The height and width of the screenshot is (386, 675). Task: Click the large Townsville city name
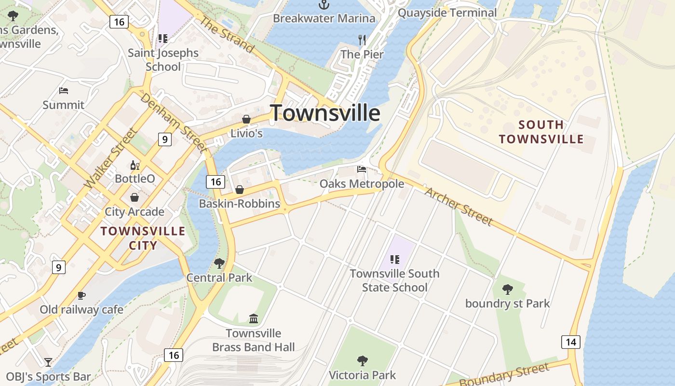pos(325,113)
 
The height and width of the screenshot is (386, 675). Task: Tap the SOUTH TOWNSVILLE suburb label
pos(541,132)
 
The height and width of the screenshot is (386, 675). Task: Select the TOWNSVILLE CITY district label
pos(143,238)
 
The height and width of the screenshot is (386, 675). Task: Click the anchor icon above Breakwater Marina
pos(324,5)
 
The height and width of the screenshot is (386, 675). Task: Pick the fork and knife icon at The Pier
pos(362,40)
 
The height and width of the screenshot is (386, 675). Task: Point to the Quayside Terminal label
pos(447,13)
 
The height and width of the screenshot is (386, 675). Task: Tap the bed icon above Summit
pos(63,90)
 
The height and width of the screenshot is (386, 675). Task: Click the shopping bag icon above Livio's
pos(246,119)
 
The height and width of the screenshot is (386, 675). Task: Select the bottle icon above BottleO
pos(135,165)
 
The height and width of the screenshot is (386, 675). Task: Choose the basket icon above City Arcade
pos(135,197)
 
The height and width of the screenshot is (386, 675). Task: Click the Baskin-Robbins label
pos(240,204)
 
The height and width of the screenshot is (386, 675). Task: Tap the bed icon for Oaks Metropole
pos(362,169)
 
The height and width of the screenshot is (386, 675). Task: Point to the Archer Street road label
pos(459,206)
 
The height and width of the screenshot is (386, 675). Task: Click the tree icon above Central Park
pos(219,263)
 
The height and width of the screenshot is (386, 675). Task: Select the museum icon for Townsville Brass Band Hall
pos(254,318)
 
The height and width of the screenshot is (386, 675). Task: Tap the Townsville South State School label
pos(395,280)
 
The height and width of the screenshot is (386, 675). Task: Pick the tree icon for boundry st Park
pos(507,289)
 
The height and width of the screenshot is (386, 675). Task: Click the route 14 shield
pos(571,342)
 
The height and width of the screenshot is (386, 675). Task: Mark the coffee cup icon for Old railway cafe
pos(81,295)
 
